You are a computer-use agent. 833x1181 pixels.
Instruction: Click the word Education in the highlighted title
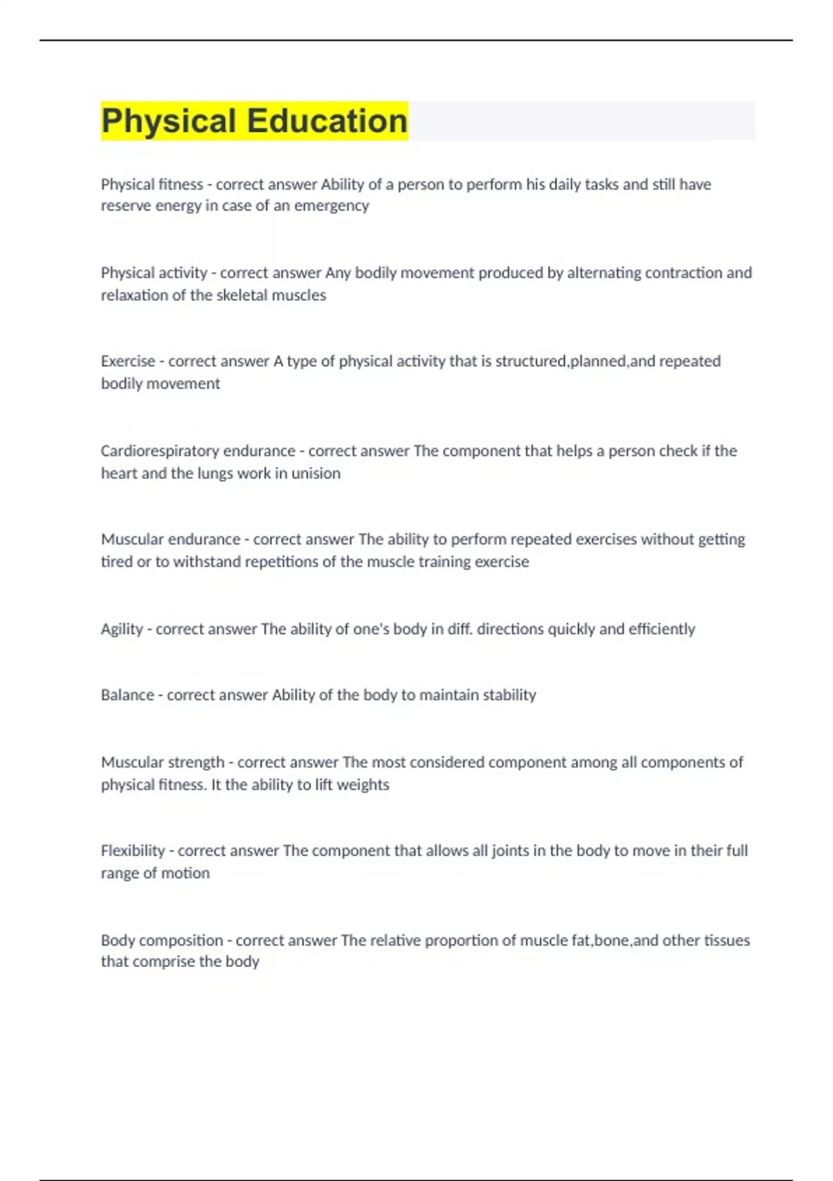click(327, 121)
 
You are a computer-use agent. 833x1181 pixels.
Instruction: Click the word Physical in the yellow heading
click(169, 121)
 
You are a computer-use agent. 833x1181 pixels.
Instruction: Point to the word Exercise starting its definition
click(128, 361)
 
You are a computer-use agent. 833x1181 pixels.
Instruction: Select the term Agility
click(121, 629)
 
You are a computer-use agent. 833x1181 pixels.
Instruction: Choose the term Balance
click(127, 695)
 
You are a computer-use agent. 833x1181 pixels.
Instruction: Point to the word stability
click(509, 695)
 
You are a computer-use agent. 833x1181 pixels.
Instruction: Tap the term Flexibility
click(133, 851)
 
